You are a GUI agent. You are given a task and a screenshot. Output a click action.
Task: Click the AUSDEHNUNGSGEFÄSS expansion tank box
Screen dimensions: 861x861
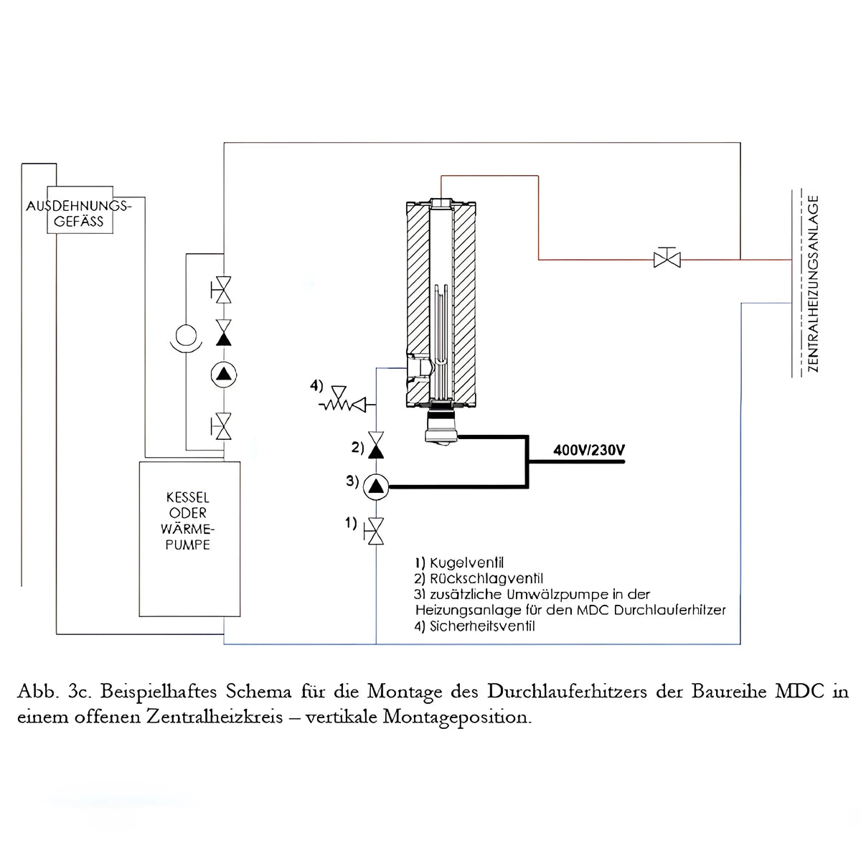(x=79, y=214)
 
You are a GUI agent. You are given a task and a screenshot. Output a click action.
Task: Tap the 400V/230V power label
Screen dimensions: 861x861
(x=589, y=451)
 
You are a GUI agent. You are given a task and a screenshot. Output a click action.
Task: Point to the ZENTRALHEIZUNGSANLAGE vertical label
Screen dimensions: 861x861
(x=813, y=284)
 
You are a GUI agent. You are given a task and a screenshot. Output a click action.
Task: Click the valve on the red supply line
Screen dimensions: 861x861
(x=667, y=258)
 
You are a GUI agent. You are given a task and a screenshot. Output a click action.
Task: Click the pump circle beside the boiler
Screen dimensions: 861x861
(x=224, y=374)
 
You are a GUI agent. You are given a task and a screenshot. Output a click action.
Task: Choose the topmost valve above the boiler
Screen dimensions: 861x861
(x=224, y=289)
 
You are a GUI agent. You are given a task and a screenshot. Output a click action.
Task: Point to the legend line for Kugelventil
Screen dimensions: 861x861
(x=459, y=563)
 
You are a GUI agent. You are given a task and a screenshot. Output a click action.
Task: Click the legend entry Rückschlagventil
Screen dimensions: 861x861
(x=479, y=579)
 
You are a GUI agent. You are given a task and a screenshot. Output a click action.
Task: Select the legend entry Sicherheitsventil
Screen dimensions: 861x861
(x=475, y=626)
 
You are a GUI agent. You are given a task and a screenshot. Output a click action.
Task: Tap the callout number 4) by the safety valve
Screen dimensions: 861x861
(x=316, y=386)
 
